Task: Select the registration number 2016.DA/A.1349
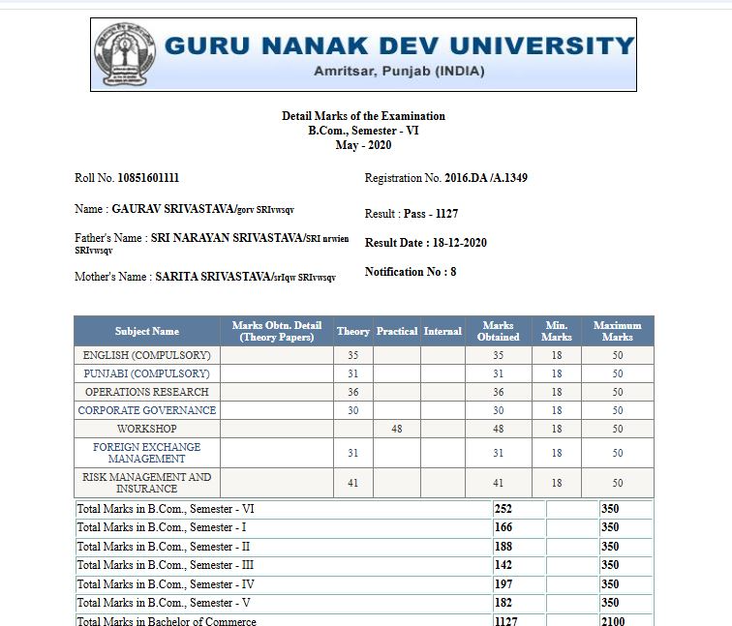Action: tap(486, 178)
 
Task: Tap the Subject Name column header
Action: tap(147, 331)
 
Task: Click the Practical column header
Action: tap(396, 331)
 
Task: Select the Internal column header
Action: tap(442, 331)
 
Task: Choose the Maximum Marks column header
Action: tap(617, 331)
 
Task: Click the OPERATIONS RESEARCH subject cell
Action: tap(147, 392)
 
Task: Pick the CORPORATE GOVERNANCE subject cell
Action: tap(147, 410)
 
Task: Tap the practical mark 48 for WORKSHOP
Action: tap(396, 429)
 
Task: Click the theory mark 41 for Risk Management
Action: tap(352, 483)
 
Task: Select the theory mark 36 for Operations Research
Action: tap(352, 392)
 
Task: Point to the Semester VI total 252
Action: tap(503, 509)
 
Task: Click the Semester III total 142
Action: tap(503, 565)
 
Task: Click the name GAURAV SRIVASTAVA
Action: tap(172, 209)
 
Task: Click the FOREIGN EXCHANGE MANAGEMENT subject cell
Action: tap(147, 453)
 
